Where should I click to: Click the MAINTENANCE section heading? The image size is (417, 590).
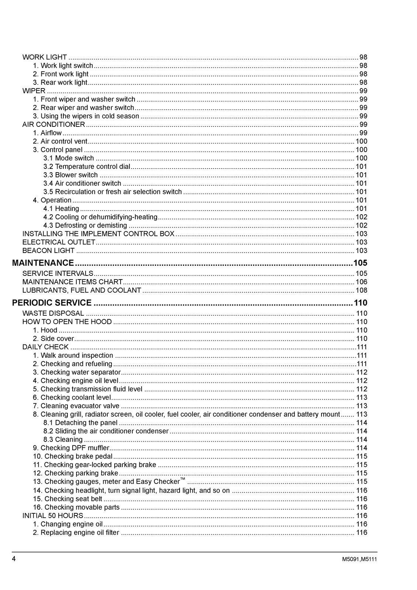click(43, 263)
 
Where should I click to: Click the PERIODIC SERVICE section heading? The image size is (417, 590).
click(52, 303)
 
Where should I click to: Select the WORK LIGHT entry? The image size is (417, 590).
click(45, 57)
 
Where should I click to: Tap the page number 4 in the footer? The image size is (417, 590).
click(14, 559)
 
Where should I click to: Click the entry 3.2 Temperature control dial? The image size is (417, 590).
click(87, 167)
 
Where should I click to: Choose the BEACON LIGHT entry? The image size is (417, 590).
click(48, 251)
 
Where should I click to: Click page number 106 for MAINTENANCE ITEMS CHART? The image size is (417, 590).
click(361, 282)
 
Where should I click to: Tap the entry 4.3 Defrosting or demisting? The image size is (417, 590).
click(85, 226)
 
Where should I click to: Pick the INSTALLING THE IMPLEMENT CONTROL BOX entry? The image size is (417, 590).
click(98, 234)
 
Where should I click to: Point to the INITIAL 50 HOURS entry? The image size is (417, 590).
click(53, 516)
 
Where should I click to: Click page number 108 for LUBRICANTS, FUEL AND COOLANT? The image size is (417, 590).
click(361, 291)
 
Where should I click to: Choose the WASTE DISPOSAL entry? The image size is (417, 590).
click(53, 313)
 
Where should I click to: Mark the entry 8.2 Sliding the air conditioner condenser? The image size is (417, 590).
click(106, 431)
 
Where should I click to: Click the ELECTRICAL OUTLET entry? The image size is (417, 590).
click(59, 242)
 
